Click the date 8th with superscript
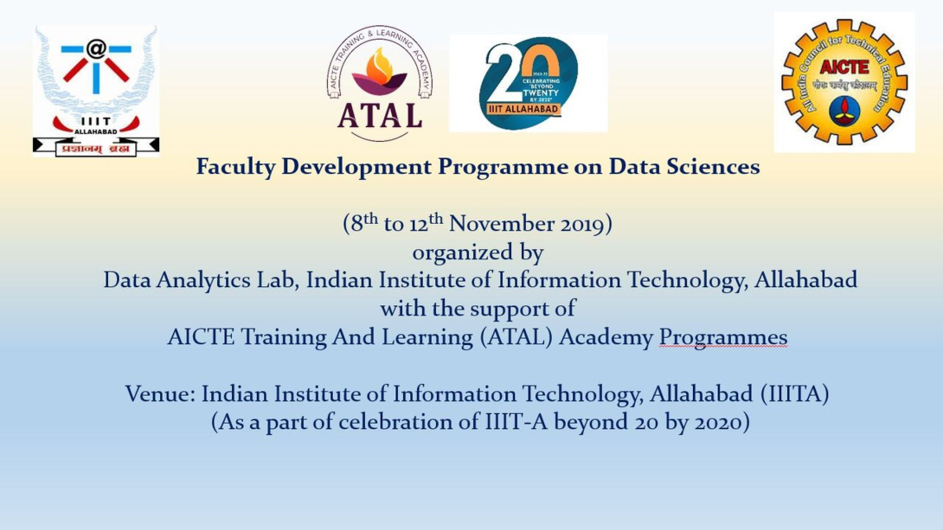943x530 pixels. [x=361, y=223]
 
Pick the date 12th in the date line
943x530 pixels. [x=426, y=223]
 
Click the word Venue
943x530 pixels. [x=159, y=394]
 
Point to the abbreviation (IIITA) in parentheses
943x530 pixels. [x=794, y=394]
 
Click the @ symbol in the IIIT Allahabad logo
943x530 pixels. [x=95, y=48]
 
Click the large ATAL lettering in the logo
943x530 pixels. [x=379, y=115]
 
